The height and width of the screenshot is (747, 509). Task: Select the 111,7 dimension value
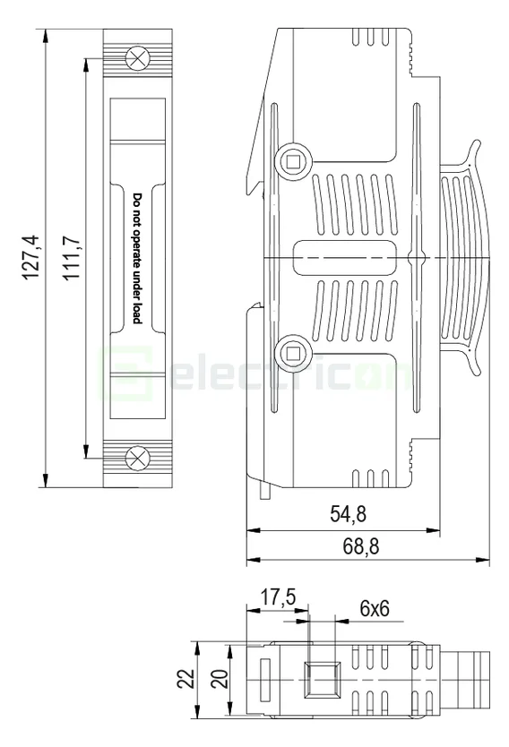(x=73, y=258)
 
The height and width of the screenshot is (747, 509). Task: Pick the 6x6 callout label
(x=374, y=607)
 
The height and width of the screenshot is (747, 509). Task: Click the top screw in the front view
(x=136, y=58)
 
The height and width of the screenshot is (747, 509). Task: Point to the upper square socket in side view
(x=291, y=161)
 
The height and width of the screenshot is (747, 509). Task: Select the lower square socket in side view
(x=291, y=351)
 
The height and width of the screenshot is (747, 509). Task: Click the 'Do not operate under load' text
(x=137, y=258)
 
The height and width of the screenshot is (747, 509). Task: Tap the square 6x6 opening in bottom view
(x=320, y=678)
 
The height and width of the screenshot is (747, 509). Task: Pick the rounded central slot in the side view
(x=345, y=258)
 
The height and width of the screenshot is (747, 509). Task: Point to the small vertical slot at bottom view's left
(x=264, y=678)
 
